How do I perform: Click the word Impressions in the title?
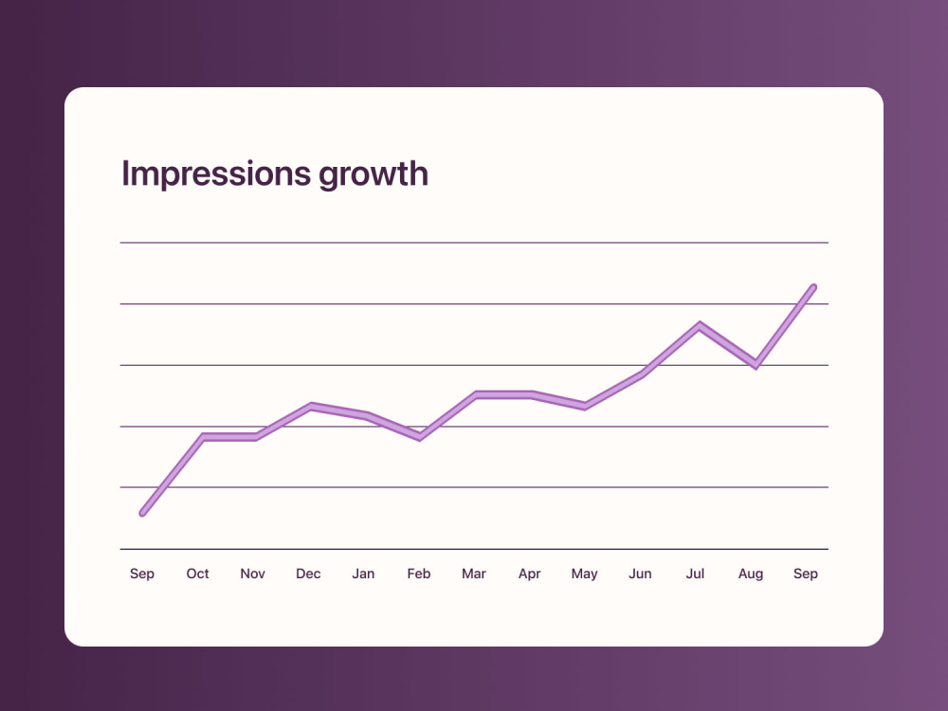tap(216, 173)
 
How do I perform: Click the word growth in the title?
tap(373, 174)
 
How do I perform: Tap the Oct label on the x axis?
tap(197, 574)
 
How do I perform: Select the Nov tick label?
tap(252, 574)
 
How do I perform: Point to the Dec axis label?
tap(308, 574)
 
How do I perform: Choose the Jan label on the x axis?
tap(363, 574)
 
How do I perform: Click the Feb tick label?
tap(418, 574)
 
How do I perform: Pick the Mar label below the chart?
tap(473, 574)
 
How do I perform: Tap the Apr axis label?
tap(529, 574)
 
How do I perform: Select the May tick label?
tap(584, 574)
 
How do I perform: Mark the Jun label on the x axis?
tap(640, 574)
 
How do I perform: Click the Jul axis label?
tap(695, 574)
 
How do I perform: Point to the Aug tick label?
tap(750, 574)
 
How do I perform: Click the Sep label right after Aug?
tap(805, 574)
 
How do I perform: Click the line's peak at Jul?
tap(700, 326)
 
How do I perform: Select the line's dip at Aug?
tap(756, 364)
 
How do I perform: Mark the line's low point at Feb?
tap(420, 436)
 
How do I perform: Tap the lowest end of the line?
tap(143, 513)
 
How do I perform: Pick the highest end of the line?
tap(813, 287)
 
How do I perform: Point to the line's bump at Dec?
tap(311, 407)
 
